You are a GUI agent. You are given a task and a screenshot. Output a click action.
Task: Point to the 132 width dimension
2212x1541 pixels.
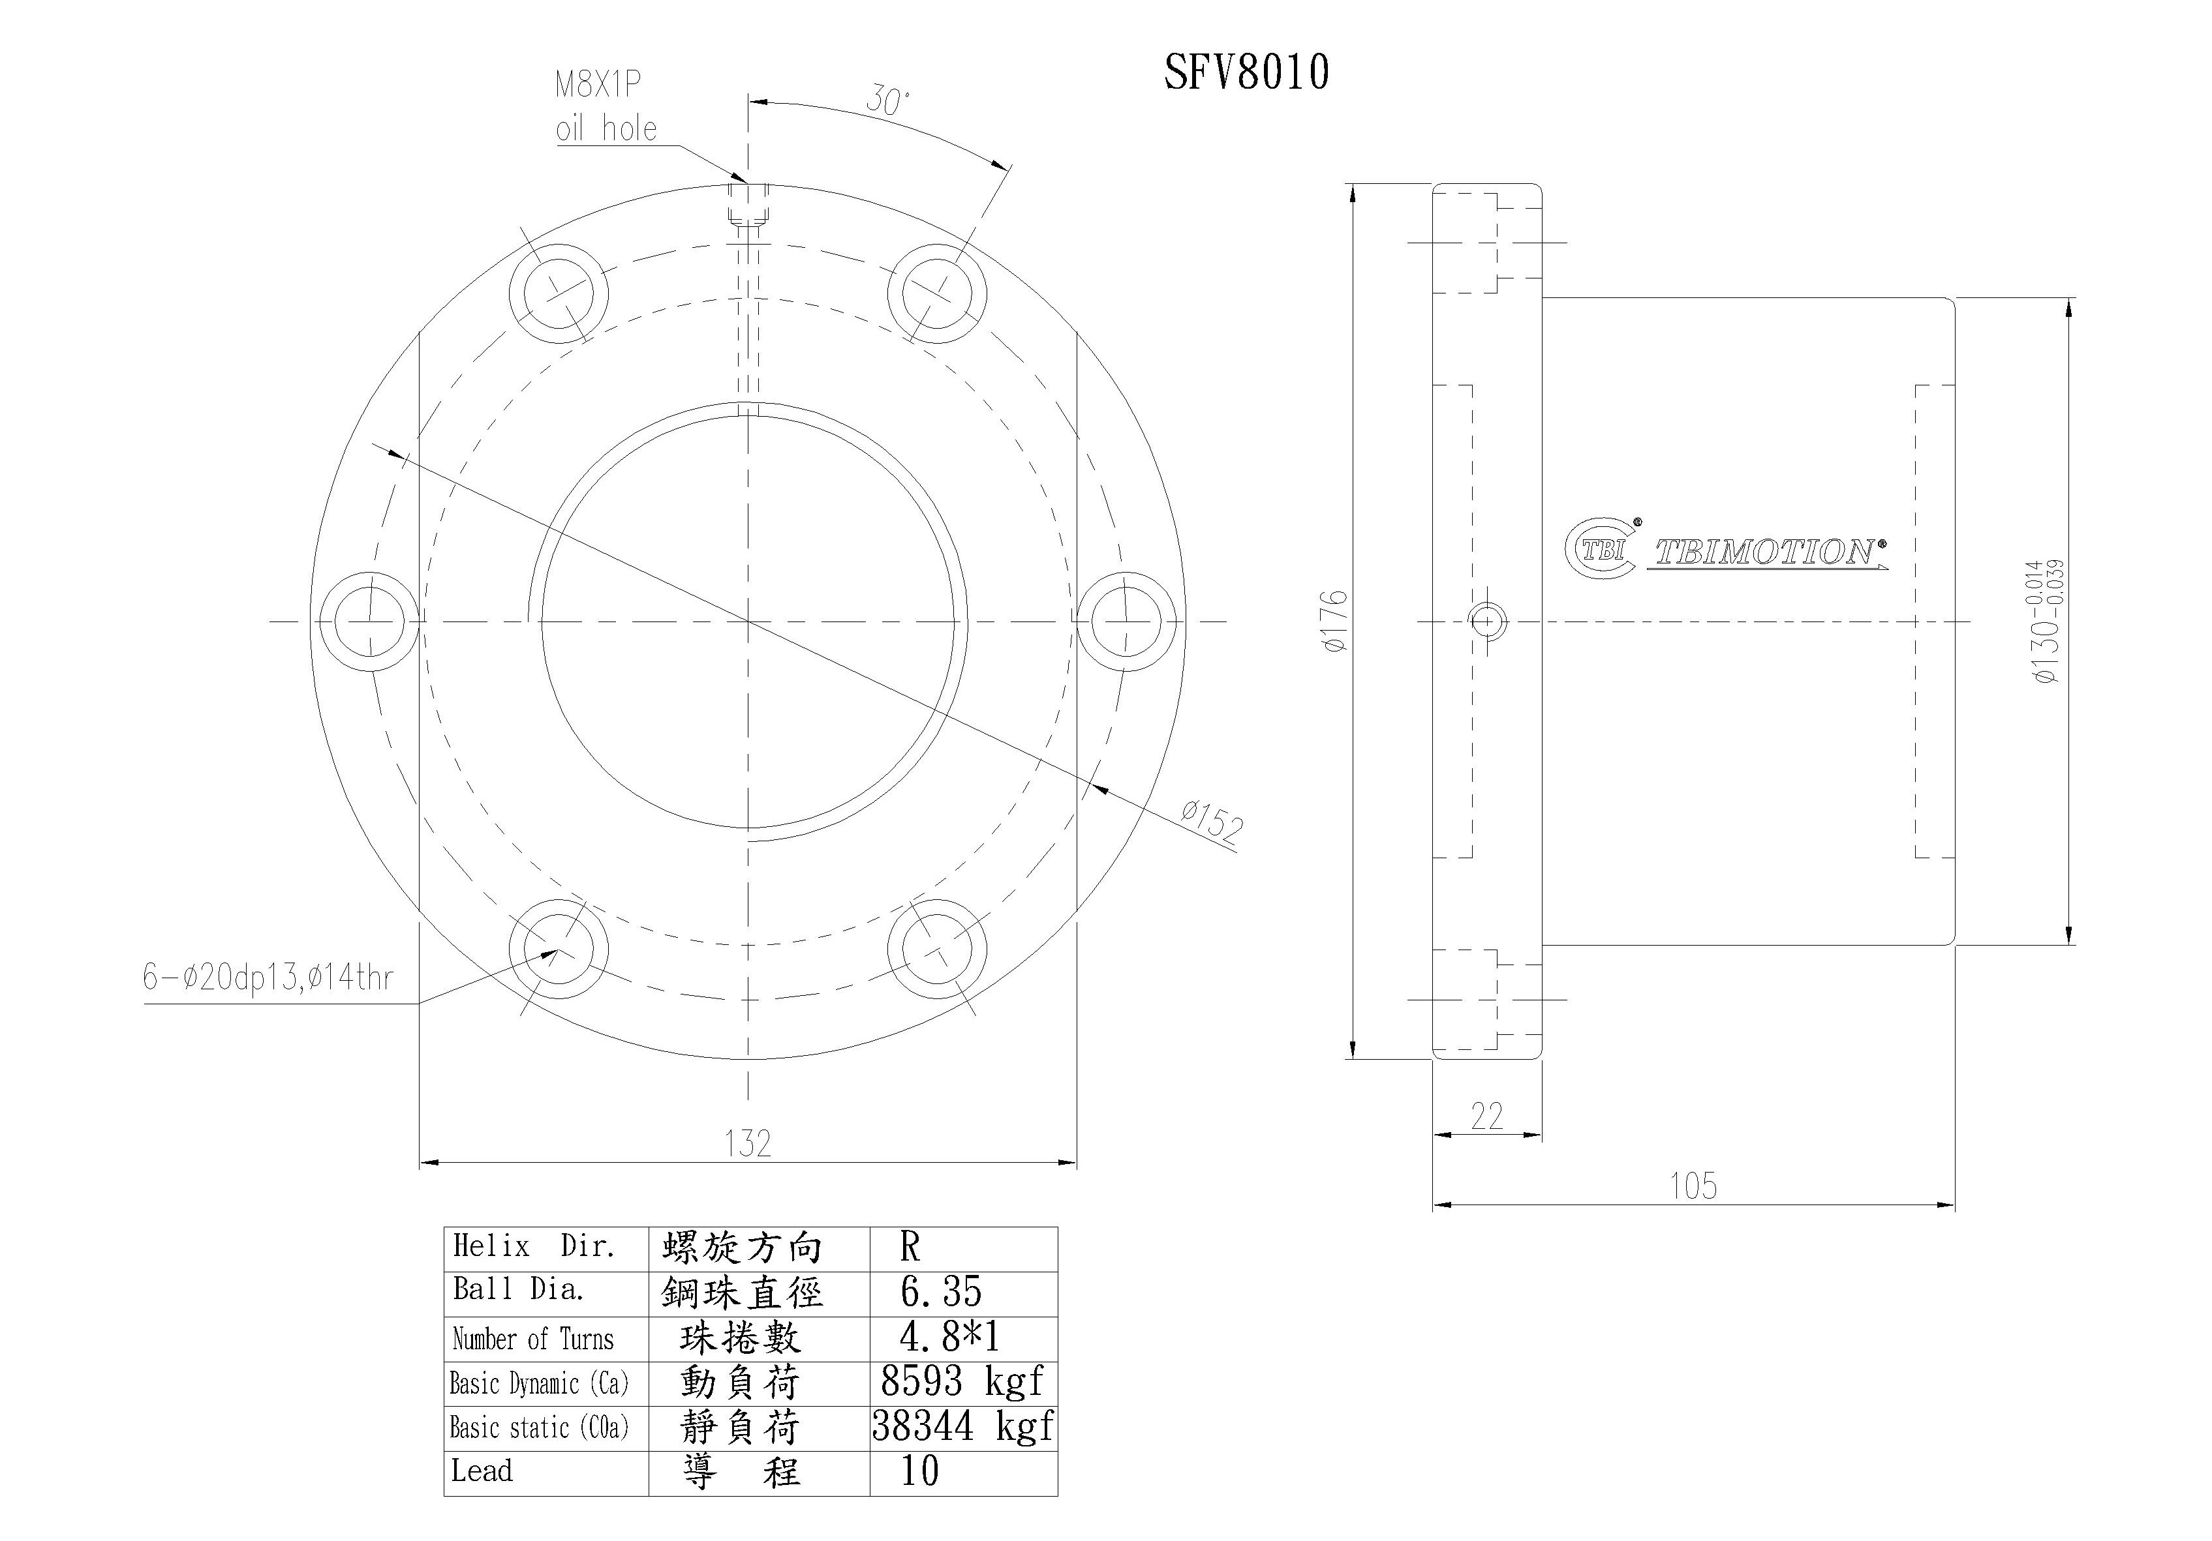click(x=748, y=1143)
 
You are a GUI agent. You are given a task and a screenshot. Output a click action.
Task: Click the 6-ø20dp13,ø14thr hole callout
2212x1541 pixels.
click(x=268, y=978)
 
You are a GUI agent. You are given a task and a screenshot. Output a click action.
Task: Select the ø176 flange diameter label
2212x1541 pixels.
click(x=1335, y=621)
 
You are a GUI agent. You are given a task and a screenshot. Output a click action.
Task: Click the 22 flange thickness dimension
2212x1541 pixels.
click(x=1486, y=1115)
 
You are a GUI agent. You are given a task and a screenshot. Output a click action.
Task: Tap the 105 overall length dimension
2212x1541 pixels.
click(x=1693, y=1186)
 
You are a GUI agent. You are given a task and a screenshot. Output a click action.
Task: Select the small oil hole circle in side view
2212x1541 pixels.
click(x=1488, y=621)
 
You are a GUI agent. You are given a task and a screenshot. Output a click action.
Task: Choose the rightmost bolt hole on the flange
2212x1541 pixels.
click(x=1126, y=621)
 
